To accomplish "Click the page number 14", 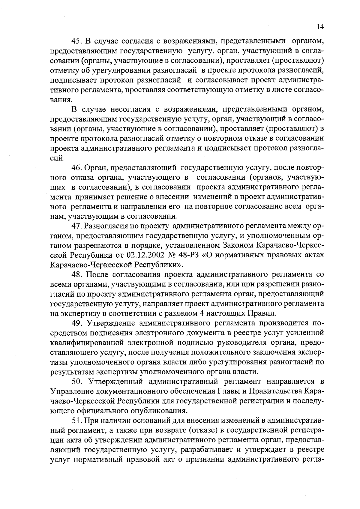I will (320, 27).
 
